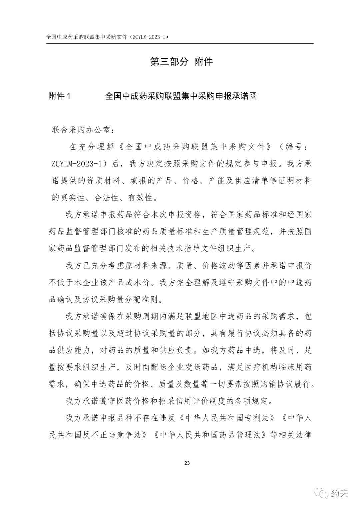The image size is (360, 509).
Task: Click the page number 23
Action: click(187, 463)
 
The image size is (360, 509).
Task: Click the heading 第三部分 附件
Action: click(181, 62)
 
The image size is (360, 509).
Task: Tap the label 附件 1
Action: click(60, 96)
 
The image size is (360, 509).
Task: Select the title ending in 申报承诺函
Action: click(181, 96)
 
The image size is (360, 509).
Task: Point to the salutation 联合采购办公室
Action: click(81, 130)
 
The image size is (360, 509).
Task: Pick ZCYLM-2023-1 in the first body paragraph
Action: click(79, 164)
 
